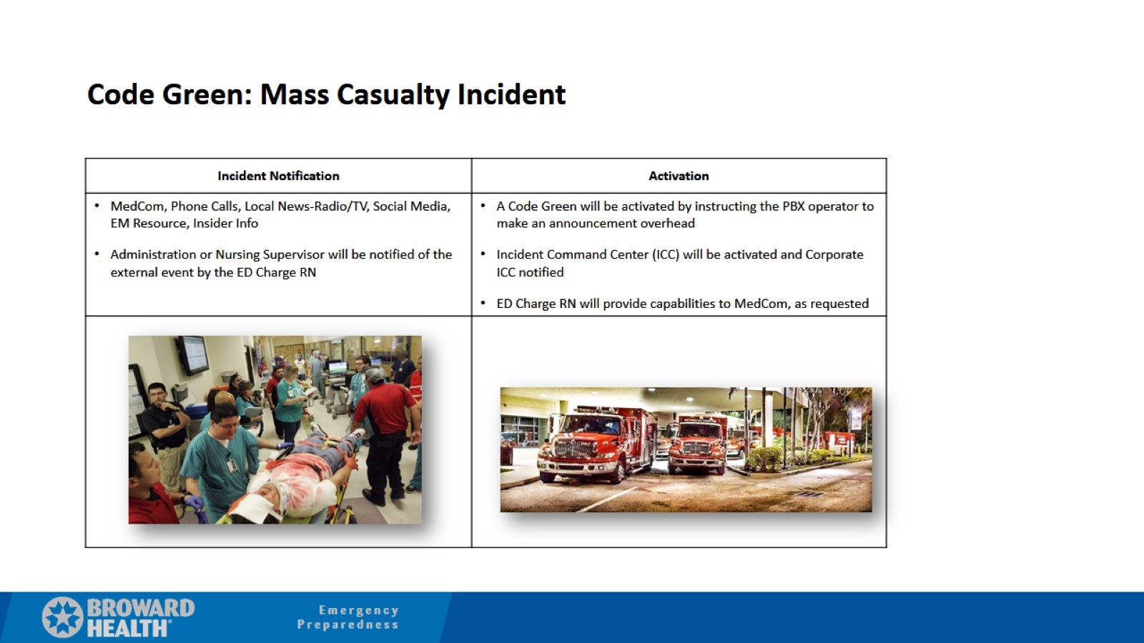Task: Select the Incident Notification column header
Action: (278, 176)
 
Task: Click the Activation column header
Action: (679, 176)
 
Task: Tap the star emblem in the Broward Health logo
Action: (62, 617)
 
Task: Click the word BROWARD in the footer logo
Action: (140, 608)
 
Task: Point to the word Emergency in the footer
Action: (358, 610)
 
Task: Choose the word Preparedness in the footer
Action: (347, 624)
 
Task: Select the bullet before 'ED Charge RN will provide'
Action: (483, 304)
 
